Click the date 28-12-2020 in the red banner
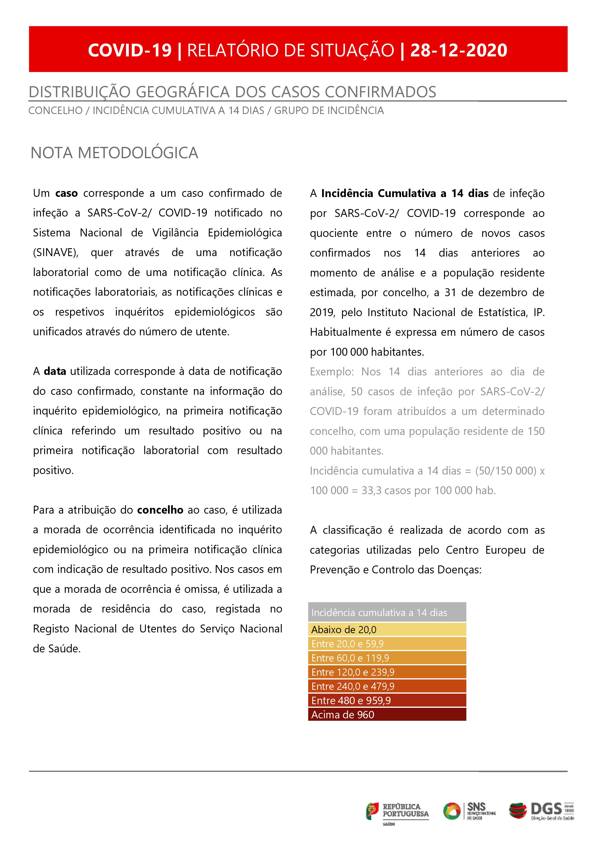point(458,50)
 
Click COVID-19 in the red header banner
point(130,50)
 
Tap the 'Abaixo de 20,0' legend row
point(387,630)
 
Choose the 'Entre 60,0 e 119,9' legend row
point(387,658)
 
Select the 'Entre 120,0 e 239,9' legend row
point(387,672)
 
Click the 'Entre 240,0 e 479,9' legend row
point(387,686)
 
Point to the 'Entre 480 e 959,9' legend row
point(387,701)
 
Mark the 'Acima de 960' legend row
point(387,715)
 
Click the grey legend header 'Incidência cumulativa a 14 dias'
point(387,613)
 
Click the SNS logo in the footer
point(469,811)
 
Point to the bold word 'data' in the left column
point(55,371)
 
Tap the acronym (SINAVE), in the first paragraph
point(56,253)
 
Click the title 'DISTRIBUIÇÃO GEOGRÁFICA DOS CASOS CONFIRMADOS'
point(232,92)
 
